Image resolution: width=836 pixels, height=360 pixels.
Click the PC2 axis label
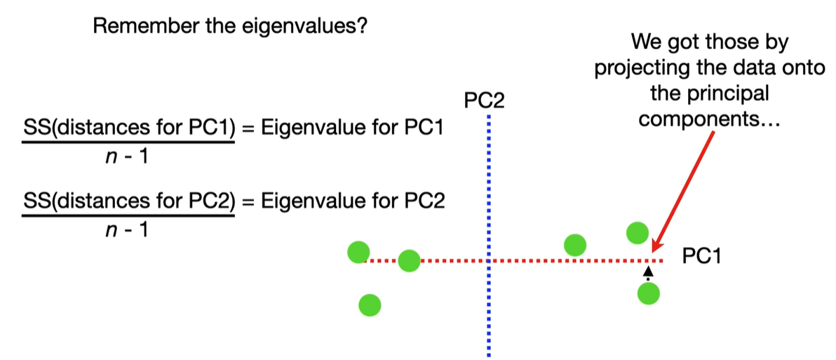pyautogui.click(x=484, y=102)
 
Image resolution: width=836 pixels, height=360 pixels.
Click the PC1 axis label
pyautogui.click(x=701, y=256)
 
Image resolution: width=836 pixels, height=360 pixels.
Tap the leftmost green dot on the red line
pyautogui.click(x=358, y=251)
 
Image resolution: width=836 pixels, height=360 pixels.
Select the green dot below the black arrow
pyautogui.click(x=649, y=293)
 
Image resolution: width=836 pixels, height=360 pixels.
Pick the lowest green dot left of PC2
pyautogui.click(x=370, y=305)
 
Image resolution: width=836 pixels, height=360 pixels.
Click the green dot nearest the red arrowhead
pyautogui.click(x=637, y=232)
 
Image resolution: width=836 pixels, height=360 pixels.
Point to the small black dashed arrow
pyautogui.click(x=648, y=272)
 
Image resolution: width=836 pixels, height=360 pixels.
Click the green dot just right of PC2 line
pyautogui.click(x=574, y=244)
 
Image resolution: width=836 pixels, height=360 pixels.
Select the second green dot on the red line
pyautogui.click(x=409, y=260)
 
